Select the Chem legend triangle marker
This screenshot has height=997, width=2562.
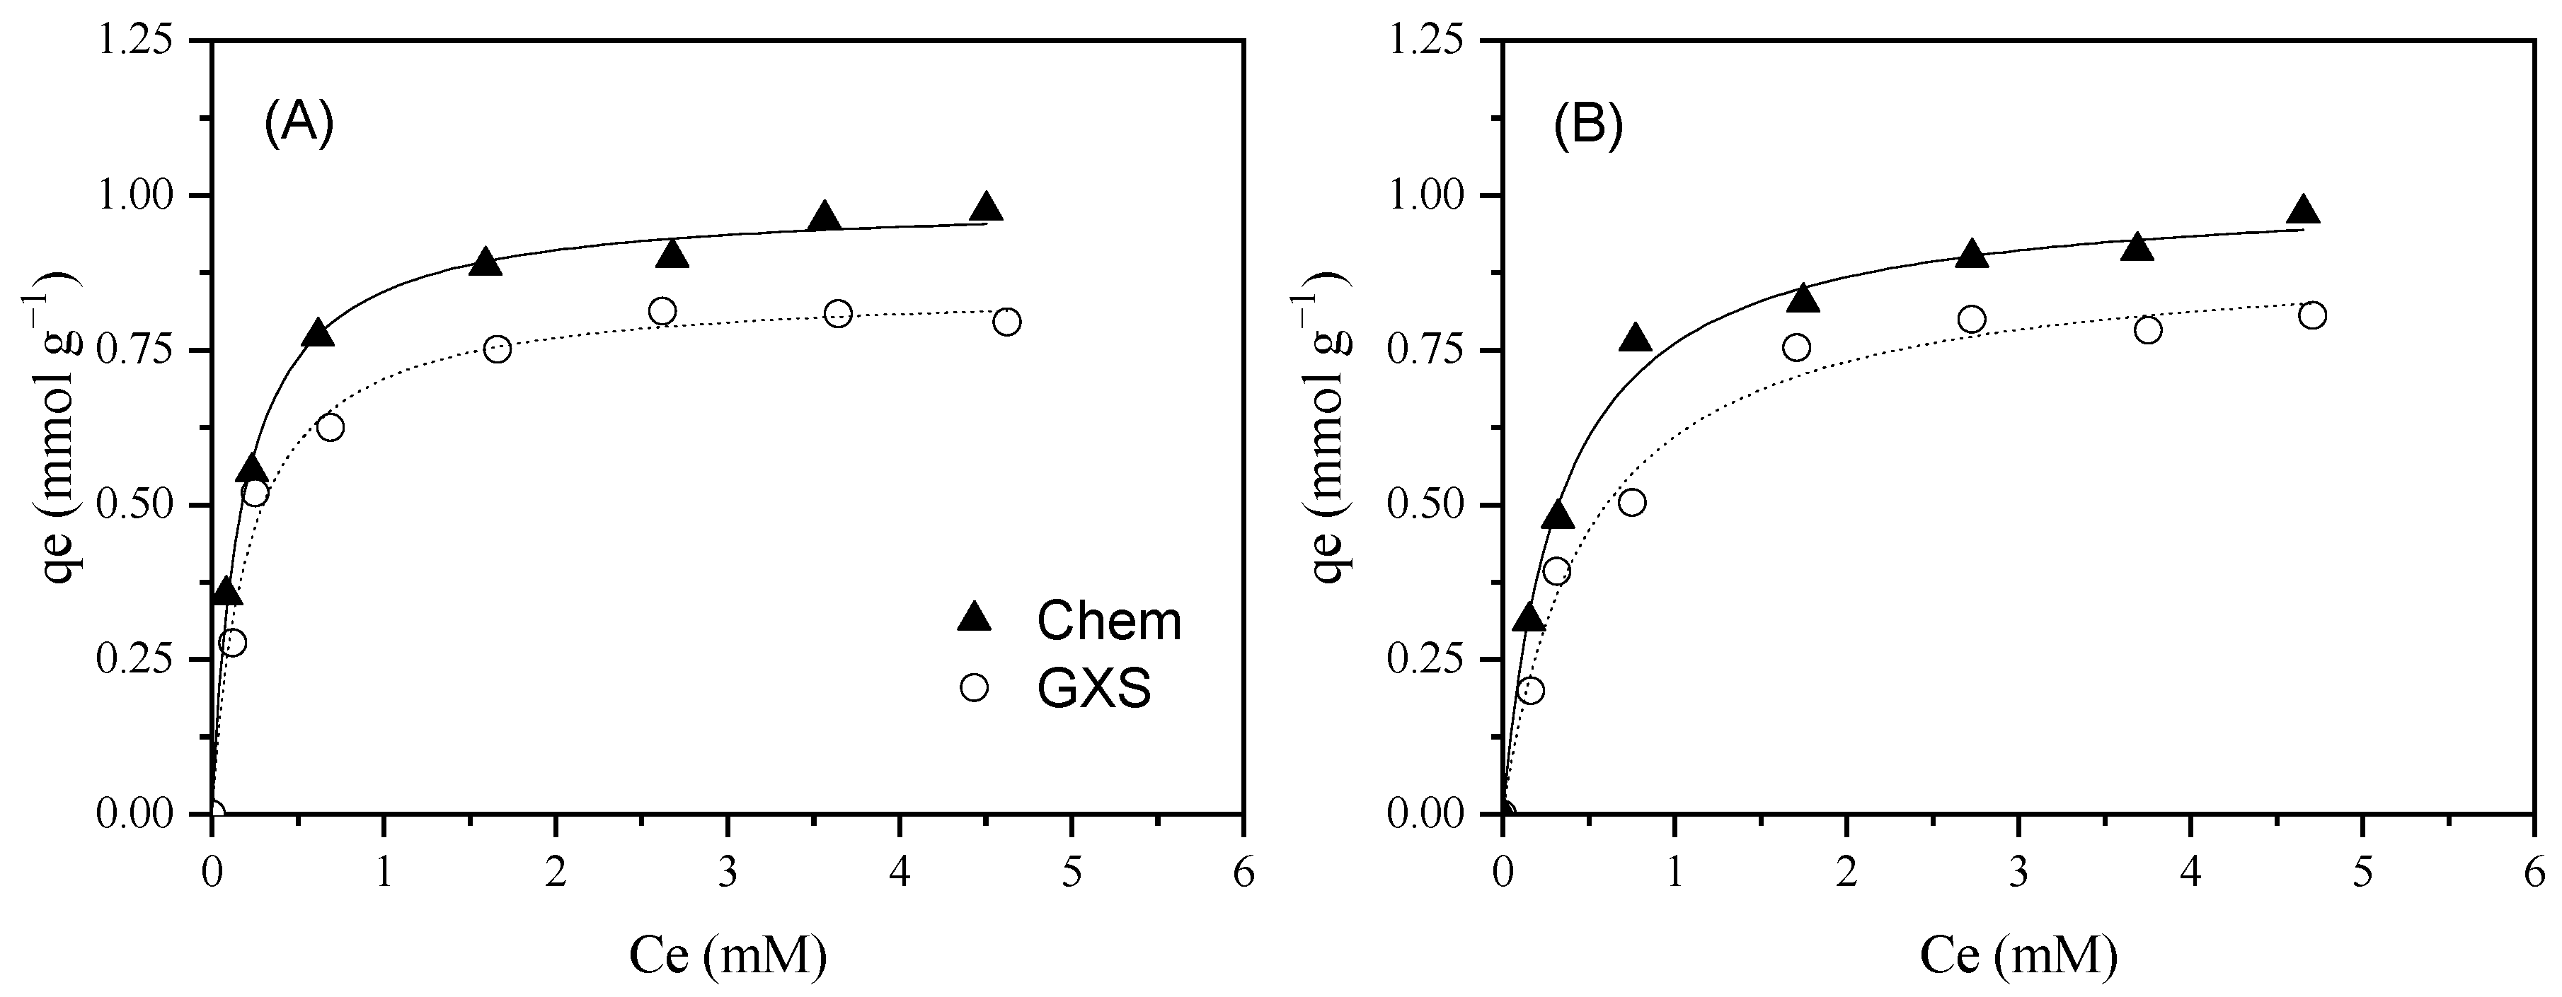pyautogui.click(x=975, y=618)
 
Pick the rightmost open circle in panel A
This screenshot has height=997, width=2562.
pyautogui.click(x=1006, y=322)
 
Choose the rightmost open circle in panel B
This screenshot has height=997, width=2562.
pyautogui.click(x=2312, y=316)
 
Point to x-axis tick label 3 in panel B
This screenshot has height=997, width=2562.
pyautogui.click(x=2018, y=875)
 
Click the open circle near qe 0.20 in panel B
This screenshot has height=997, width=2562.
pyautogui.click(x=1532, y=690)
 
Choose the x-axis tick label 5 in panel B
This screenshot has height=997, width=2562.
pyautogui.click(x=2362, y=875)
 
